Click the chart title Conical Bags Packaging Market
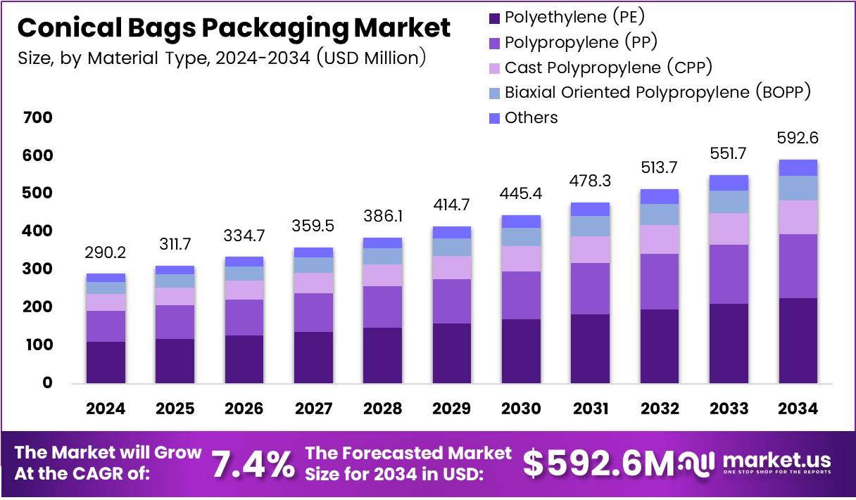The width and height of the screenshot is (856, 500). [x=233, y=27]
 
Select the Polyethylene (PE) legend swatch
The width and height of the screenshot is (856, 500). [x=493, y=17]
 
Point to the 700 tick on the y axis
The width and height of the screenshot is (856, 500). [x=38, y=117]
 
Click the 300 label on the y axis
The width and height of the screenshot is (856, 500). [x=38, y=269]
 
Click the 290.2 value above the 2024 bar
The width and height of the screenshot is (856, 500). [x=106, y=252]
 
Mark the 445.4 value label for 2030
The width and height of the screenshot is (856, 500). [x=520, y=193]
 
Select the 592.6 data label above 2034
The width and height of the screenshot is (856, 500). [x=798, y=138]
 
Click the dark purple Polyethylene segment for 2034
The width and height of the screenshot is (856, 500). [x=798, y=340]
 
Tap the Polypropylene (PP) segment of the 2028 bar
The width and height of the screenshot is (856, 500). [x=382, y=307]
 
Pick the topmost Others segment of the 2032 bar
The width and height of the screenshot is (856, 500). [x=660, y=196]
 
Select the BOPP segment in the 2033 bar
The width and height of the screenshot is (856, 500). [x=729, y=202]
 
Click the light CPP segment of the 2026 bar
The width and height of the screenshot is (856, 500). [x=244, y=290]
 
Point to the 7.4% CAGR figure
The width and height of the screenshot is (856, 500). [x=253, y=463]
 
